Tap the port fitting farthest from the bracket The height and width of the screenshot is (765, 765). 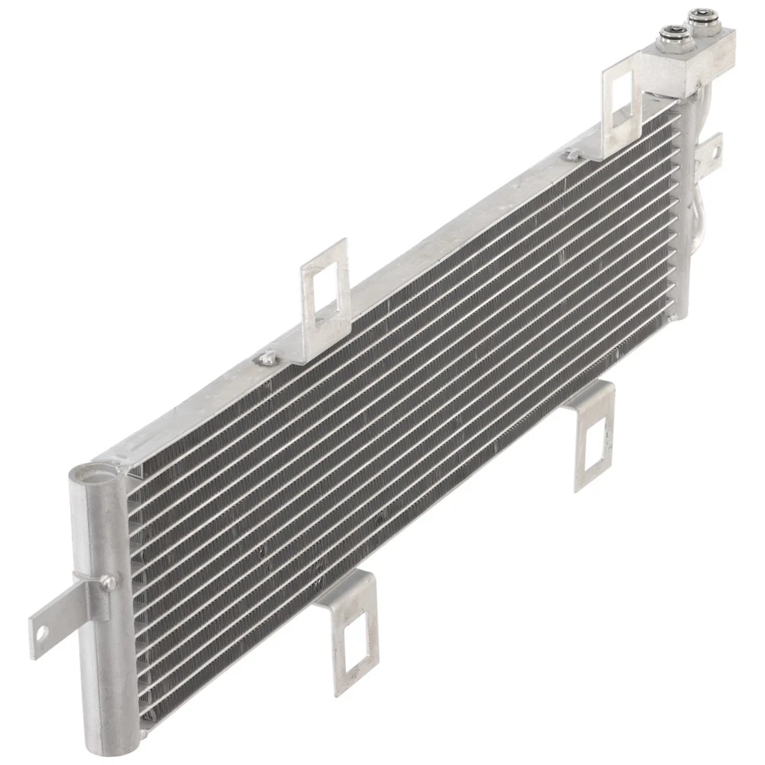(701, 18)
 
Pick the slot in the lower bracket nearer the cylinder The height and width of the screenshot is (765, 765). (352, 642)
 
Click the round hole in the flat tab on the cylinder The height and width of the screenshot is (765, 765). (38, 635)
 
